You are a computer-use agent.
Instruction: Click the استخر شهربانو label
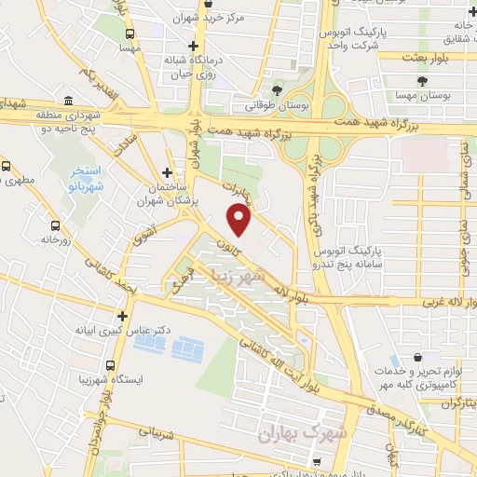(97, 177)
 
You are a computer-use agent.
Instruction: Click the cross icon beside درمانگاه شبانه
(192, 46)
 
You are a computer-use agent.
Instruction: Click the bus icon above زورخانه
(56, 225)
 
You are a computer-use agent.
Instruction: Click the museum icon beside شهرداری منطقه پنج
(70, 101)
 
